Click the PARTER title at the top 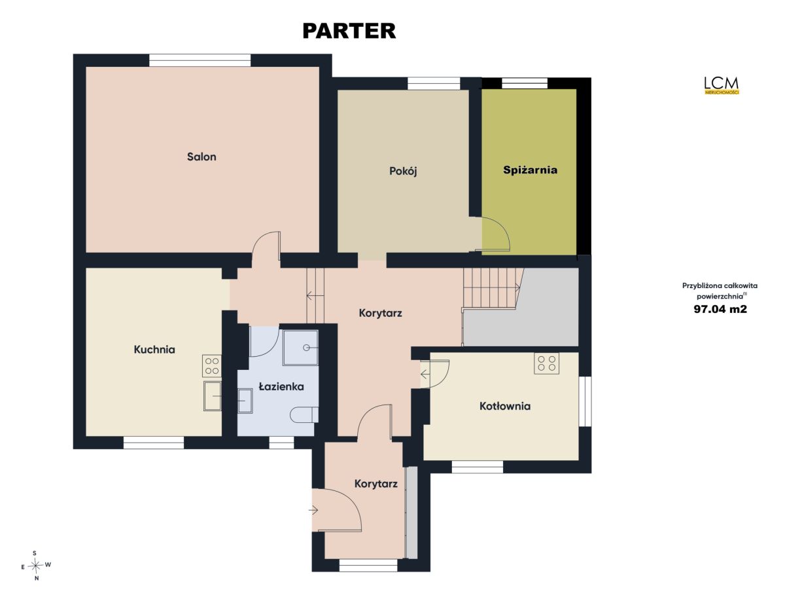[349, 31]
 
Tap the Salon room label [201, 156]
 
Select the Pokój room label [403, 172]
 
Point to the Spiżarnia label [530, 170]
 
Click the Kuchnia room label [154, 350]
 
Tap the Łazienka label [281, 386]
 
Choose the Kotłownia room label [504, 407]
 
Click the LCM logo [722, 85]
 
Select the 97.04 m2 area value [720, 309]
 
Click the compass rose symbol [35, 566]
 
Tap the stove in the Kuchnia [212, 366]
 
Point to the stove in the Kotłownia [546, 363]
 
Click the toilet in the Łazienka [304, 415]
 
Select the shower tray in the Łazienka [300, 348]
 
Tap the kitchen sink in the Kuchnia [213, 396]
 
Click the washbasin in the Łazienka [245, 401]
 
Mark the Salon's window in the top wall [200, 60]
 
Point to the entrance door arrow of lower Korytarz [313, 510]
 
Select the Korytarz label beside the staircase [381, 313]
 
